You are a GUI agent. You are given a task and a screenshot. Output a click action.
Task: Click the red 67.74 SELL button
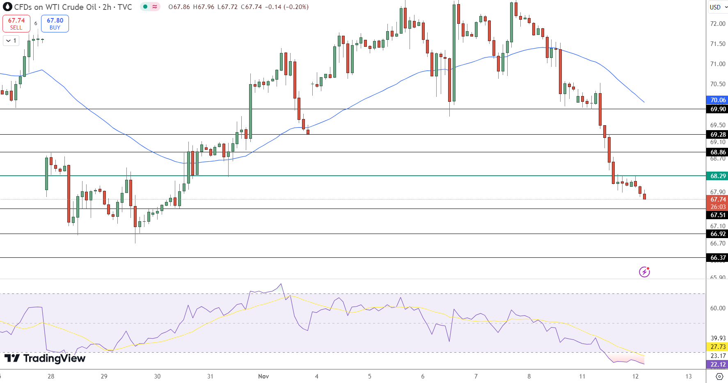click(16, 23)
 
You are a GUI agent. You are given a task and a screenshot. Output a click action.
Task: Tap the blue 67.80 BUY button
click(55, 23)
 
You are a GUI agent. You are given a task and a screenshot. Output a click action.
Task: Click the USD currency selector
click(718, 7)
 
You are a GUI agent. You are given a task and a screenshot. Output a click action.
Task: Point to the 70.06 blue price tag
click(718, 100)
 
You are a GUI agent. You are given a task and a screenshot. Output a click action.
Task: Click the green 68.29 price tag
click(718, 176)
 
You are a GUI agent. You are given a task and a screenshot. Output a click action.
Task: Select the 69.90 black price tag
click(718, 109)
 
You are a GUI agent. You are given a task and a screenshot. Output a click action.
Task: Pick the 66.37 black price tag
click(718, 258)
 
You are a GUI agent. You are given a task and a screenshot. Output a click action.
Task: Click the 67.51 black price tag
click(718, 215)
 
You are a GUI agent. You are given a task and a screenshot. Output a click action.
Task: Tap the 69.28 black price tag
click(718, 135)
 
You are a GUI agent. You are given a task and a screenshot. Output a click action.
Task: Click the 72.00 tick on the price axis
click(718, 24)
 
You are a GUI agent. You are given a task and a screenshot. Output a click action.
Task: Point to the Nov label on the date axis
click(263, 376)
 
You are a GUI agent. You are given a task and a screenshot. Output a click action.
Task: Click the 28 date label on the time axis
click(51, 376)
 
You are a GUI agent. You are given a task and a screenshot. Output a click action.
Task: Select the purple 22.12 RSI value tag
click(718, 365)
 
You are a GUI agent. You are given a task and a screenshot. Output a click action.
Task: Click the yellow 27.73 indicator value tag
click(718, 347)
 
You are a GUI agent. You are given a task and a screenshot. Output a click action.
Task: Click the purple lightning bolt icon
click(644, 272)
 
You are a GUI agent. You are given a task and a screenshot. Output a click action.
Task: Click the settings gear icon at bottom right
click(719, 376)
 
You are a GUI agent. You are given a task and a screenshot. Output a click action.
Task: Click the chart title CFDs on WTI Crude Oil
click(55, 7)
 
